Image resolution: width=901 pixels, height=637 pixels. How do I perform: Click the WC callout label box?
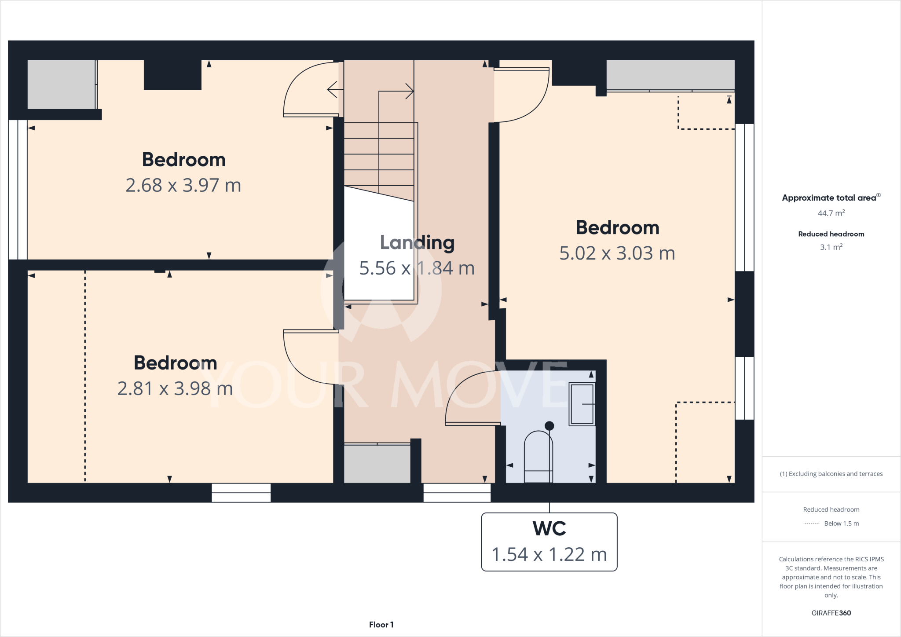click(549, 542)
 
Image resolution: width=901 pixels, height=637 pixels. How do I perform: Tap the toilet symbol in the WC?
click(538, 458)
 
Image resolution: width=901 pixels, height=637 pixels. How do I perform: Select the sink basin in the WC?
click(582, 404)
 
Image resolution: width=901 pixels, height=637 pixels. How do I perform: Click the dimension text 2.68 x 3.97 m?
click(183, 185)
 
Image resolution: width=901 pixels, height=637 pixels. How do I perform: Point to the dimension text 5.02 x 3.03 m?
click(617, 253)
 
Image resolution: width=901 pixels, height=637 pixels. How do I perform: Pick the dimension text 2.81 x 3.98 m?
click(175, 388)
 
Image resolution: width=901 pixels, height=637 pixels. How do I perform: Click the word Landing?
click(417, 242)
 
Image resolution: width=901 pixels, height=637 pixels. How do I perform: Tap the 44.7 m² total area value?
click(831, 213)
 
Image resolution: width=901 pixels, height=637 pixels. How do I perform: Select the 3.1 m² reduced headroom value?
click(831, 247)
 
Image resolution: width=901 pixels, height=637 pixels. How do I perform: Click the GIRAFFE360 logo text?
click(831, 613)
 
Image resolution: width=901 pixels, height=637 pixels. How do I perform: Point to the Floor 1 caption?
click(381, 625)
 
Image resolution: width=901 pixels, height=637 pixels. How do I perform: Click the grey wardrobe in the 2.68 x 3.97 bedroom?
click(61, 84)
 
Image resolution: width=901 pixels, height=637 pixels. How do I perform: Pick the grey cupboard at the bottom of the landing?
click(377, 464)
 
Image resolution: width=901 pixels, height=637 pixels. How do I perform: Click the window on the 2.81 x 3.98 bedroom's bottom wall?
click(241, 493)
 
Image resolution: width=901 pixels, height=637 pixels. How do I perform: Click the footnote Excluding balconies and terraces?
click(831, 474)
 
